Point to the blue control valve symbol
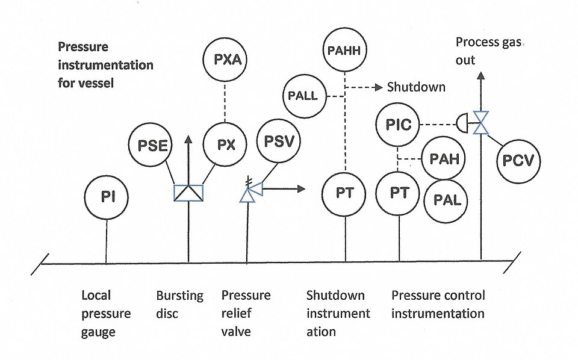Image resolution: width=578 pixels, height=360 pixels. tap(480, 123)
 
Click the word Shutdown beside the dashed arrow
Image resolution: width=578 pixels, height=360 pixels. tap(416, 87)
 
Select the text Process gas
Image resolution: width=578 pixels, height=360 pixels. tap(488, 42)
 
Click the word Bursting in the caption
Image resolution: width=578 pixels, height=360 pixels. tap(179, 296)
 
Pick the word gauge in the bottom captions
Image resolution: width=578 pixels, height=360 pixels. tap(98, 332)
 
